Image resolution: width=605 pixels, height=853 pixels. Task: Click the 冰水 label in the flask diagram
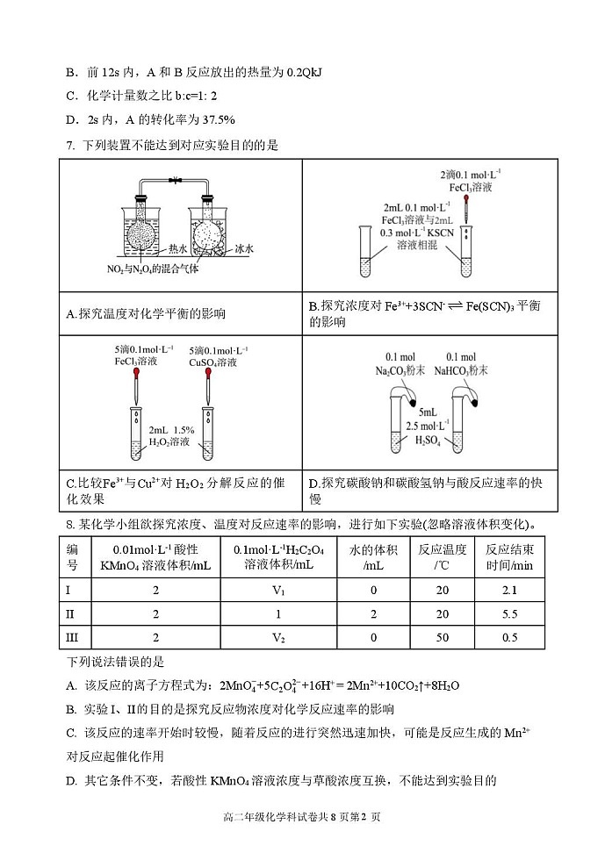pyautogui.click(x=243, y=249)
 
